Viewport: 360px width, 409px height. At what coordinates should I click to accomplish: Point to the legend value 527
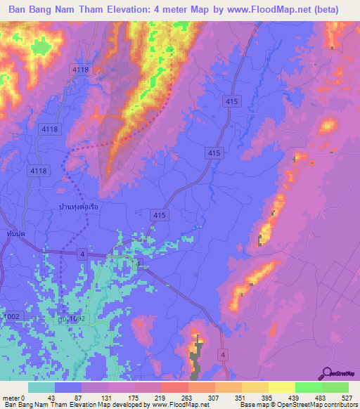coord(347,398)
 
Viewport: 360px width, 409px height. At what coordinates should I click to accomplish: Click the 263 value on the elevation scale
coord(174,398)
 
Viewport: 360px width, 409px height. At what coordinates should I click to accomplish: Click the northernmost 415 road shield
coord(233,103)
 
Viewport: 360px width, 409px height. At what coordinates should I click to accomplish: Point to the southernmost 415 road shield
coord(160,215)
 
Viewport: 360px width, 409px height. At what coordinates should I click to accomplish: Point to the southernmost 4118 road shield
coord(37,171)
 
